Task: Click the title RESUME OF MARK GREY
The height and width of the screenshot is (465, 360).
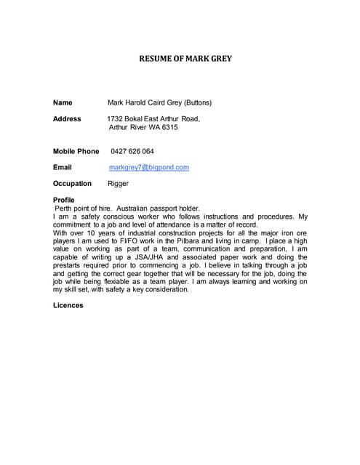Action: [185, 59]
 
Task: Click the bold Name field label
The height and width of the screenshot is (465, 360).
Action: [63, 102]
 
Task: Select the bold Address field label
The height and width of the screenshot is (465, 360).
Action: [67, 118]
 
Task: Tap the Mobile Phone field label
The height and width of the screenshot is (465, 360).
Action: [76, 151]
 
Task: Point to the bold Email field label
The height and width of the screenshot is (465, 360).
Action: [63, 167]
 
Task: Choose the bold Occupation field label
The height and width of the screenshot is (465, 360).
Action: [72, 184]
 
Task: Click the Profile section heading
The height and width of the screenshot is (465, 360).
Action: [64, 200]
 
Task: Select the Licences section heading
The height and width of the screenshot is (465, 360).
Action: [68, 305]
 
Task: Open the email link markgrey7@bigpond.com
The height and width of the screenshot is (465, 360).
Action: [148, 167]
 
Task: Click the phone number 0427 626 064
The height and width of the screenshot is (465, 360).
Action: [132, 151]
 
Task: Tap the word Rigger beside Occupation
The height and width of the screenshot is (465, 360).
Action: [118, 184]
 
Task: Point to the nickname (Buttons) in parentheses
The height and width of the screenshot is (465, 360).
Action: [198, 102]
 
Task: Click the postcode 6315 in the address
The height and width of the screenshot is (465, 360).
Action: [169, 127]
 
